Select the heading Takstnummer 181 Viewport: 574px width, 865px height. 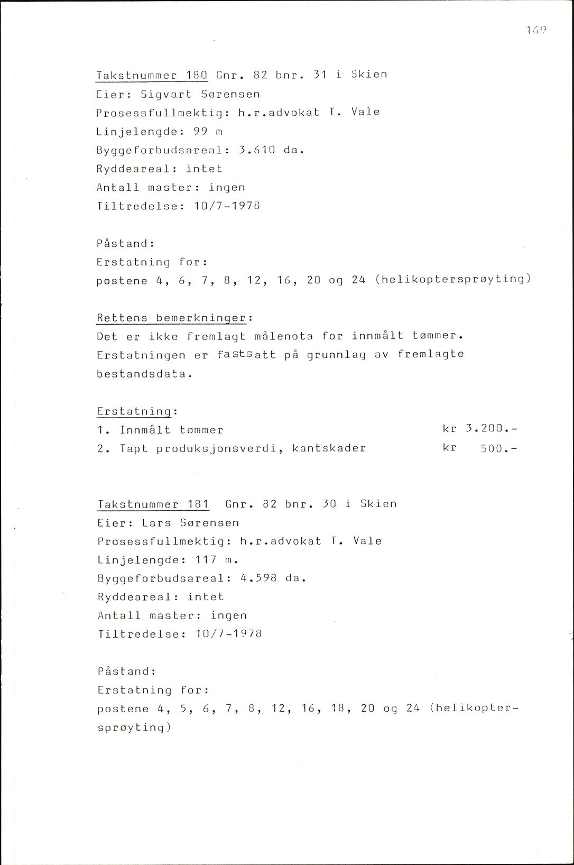[x=153, y=504]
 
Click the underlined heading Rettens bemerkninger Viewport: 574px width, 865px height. [x=171, y=318]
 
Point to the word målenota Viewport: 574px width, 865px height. [x=284, y=336]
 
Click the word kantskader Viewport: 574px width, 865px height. [x=329, y=449]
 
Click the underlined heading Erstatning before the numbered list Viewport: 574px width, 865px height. [x=134, y=411]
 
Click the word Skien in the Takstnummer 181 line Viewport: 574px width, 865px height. [x=378, y=504]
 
